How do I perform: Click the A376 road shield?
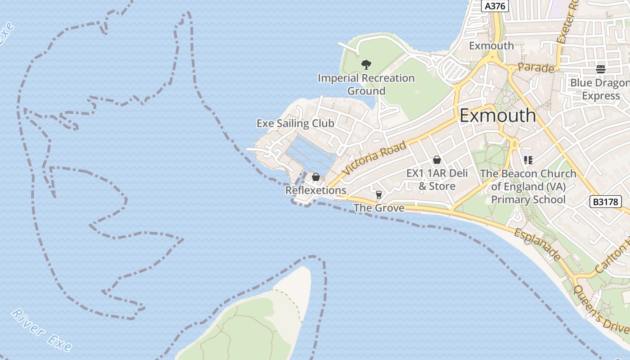[495, 6]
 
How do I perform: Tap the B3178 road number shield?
[605, 202]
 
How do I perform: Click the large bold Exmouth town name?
[498, 116]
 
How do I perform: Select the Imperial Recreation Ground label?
[366, 84]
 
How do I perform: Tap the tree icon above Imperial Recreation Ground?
[366, 65]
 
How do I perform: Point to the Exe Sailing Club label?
[295, 123]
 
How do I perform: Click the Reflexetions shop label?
[316, 190]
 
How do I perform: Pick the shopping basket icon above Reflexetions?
[316, 177]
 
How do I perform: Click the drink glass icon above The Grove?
[378, 194]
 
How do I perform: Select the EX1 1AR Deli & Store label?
[437, 180]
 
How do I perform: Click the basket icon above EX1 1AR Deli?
[436, 160]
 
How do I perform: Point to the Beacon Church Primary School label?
[528, 186]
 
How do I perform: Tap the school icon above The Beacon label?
[528, 160]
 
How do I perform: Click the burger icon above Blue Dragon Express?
[601, 69]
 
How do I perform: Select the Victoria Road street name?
[373, 159]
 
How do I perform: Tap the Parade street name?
[535, 68]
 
